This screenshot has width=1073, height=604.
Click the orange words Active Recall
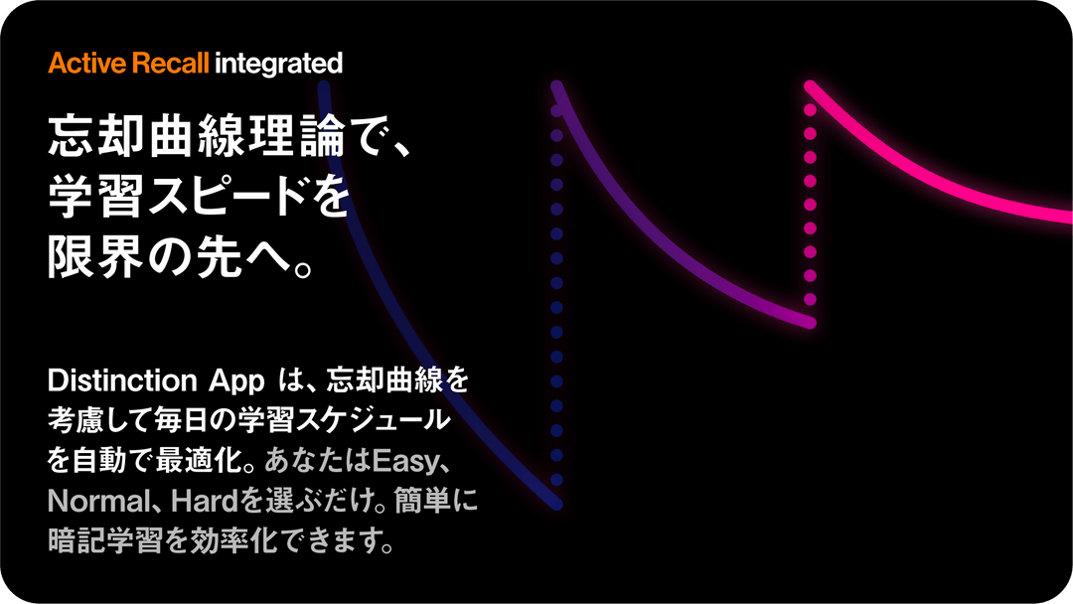pyautogui.click(x=128, y=63)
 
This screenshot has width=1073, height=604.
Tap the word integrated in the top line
pyautogui.click(x=278, y=64)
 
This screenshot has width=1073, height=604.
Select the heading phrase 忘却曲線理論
pyautogui.click(x=196, y=136)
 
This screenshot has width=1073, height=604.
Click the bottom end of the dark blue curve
pyautogui.click(x=557, y=504)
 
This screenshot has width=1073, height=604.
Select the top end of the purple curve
pyautogui.click(x=557, y=86)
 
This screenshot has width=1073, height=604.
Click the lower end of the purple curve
pyautogui.click(x=811, y=323)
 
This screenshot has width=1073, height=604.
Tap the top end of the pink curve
pyautogui.click(x=811, y=86)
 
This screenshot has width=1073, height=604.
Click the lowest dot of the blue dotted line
pyautogui.click(x=557, y=480)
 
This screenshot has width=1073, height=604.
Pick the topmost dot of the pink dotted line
pyautogui.click(x=811, y=109)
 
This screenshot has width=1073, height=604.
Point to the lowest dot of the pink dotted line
pyautogui.click(x=811, y=300)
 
